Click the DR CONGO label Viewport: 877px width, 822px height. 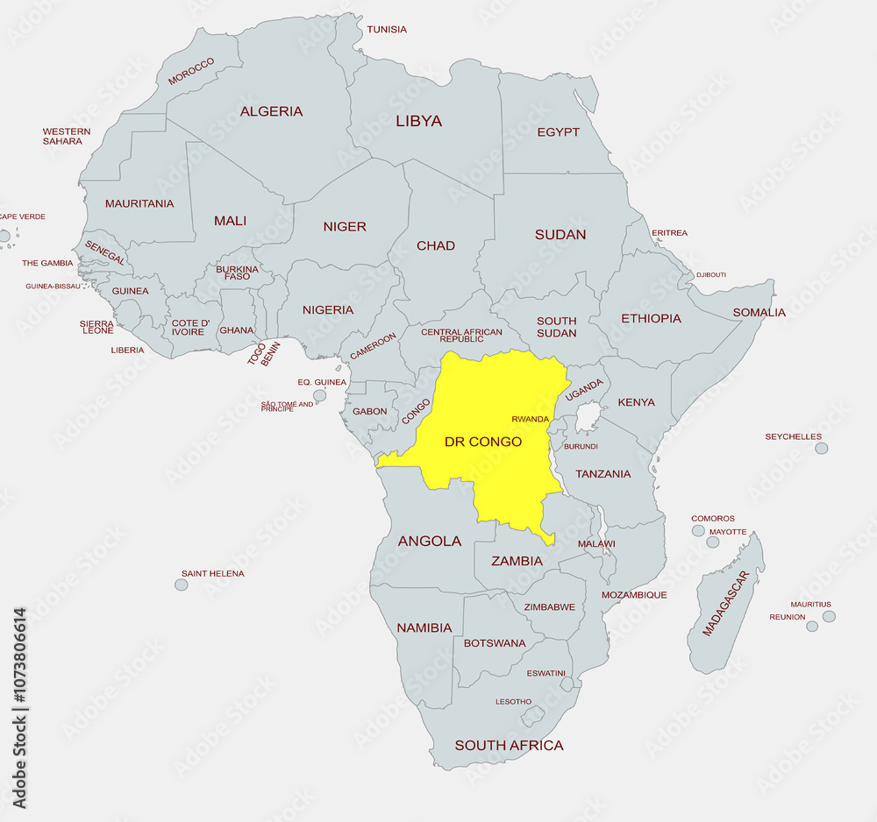point(482,442)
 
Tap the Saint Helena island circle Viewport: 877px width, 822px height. point(181,585)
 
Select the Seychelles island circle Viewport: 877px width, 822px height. point(821,449)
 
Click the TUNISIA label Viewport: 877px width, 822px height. point(387,30)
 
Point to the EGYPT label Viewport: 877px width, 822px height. point(559,132)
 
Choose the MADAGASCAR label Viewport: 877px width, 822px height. point(725,604)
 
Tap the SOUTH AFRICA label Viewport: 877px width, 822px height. point(509,746)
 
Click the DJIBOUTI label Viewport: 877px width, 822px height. point(711,275)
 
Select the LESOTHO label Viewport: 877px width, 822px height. point(513,702)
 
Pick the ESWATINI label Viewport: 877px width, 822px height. point(545,673)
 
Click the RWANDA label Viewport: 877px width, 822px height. point(530,419)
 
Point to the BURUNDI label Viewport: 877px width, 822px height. point(581,447)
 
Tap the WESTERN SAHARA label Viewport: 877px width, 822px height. point(67,137)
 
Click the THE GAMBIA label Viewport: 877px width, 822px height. point(47,263)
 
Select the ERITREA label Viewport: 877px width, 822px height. point(669,233)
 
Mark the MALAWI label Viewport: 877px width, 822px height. point(596,544)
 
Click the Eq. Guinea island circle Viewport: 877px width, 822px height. point(320,395)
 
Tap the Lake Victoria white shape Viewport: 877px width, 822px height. point(586,417)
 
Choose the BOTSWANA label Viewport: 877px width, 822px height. point(495,643)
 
